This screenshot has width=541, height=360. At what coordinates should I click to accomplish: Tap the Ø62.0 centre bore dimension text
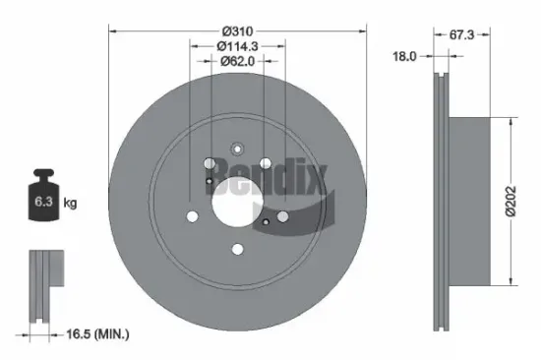237,62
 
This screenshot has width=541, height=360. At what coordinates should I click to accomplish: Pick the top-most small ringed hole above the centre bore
237,150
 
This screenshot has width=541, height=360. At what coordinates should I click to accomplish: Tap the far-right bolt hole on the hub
283,216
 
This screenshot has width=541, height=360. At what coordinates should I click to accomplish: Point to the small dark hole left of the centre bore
210,181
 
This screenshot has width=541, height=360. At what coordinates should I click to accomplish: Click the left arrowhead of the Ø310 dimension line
111,31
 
